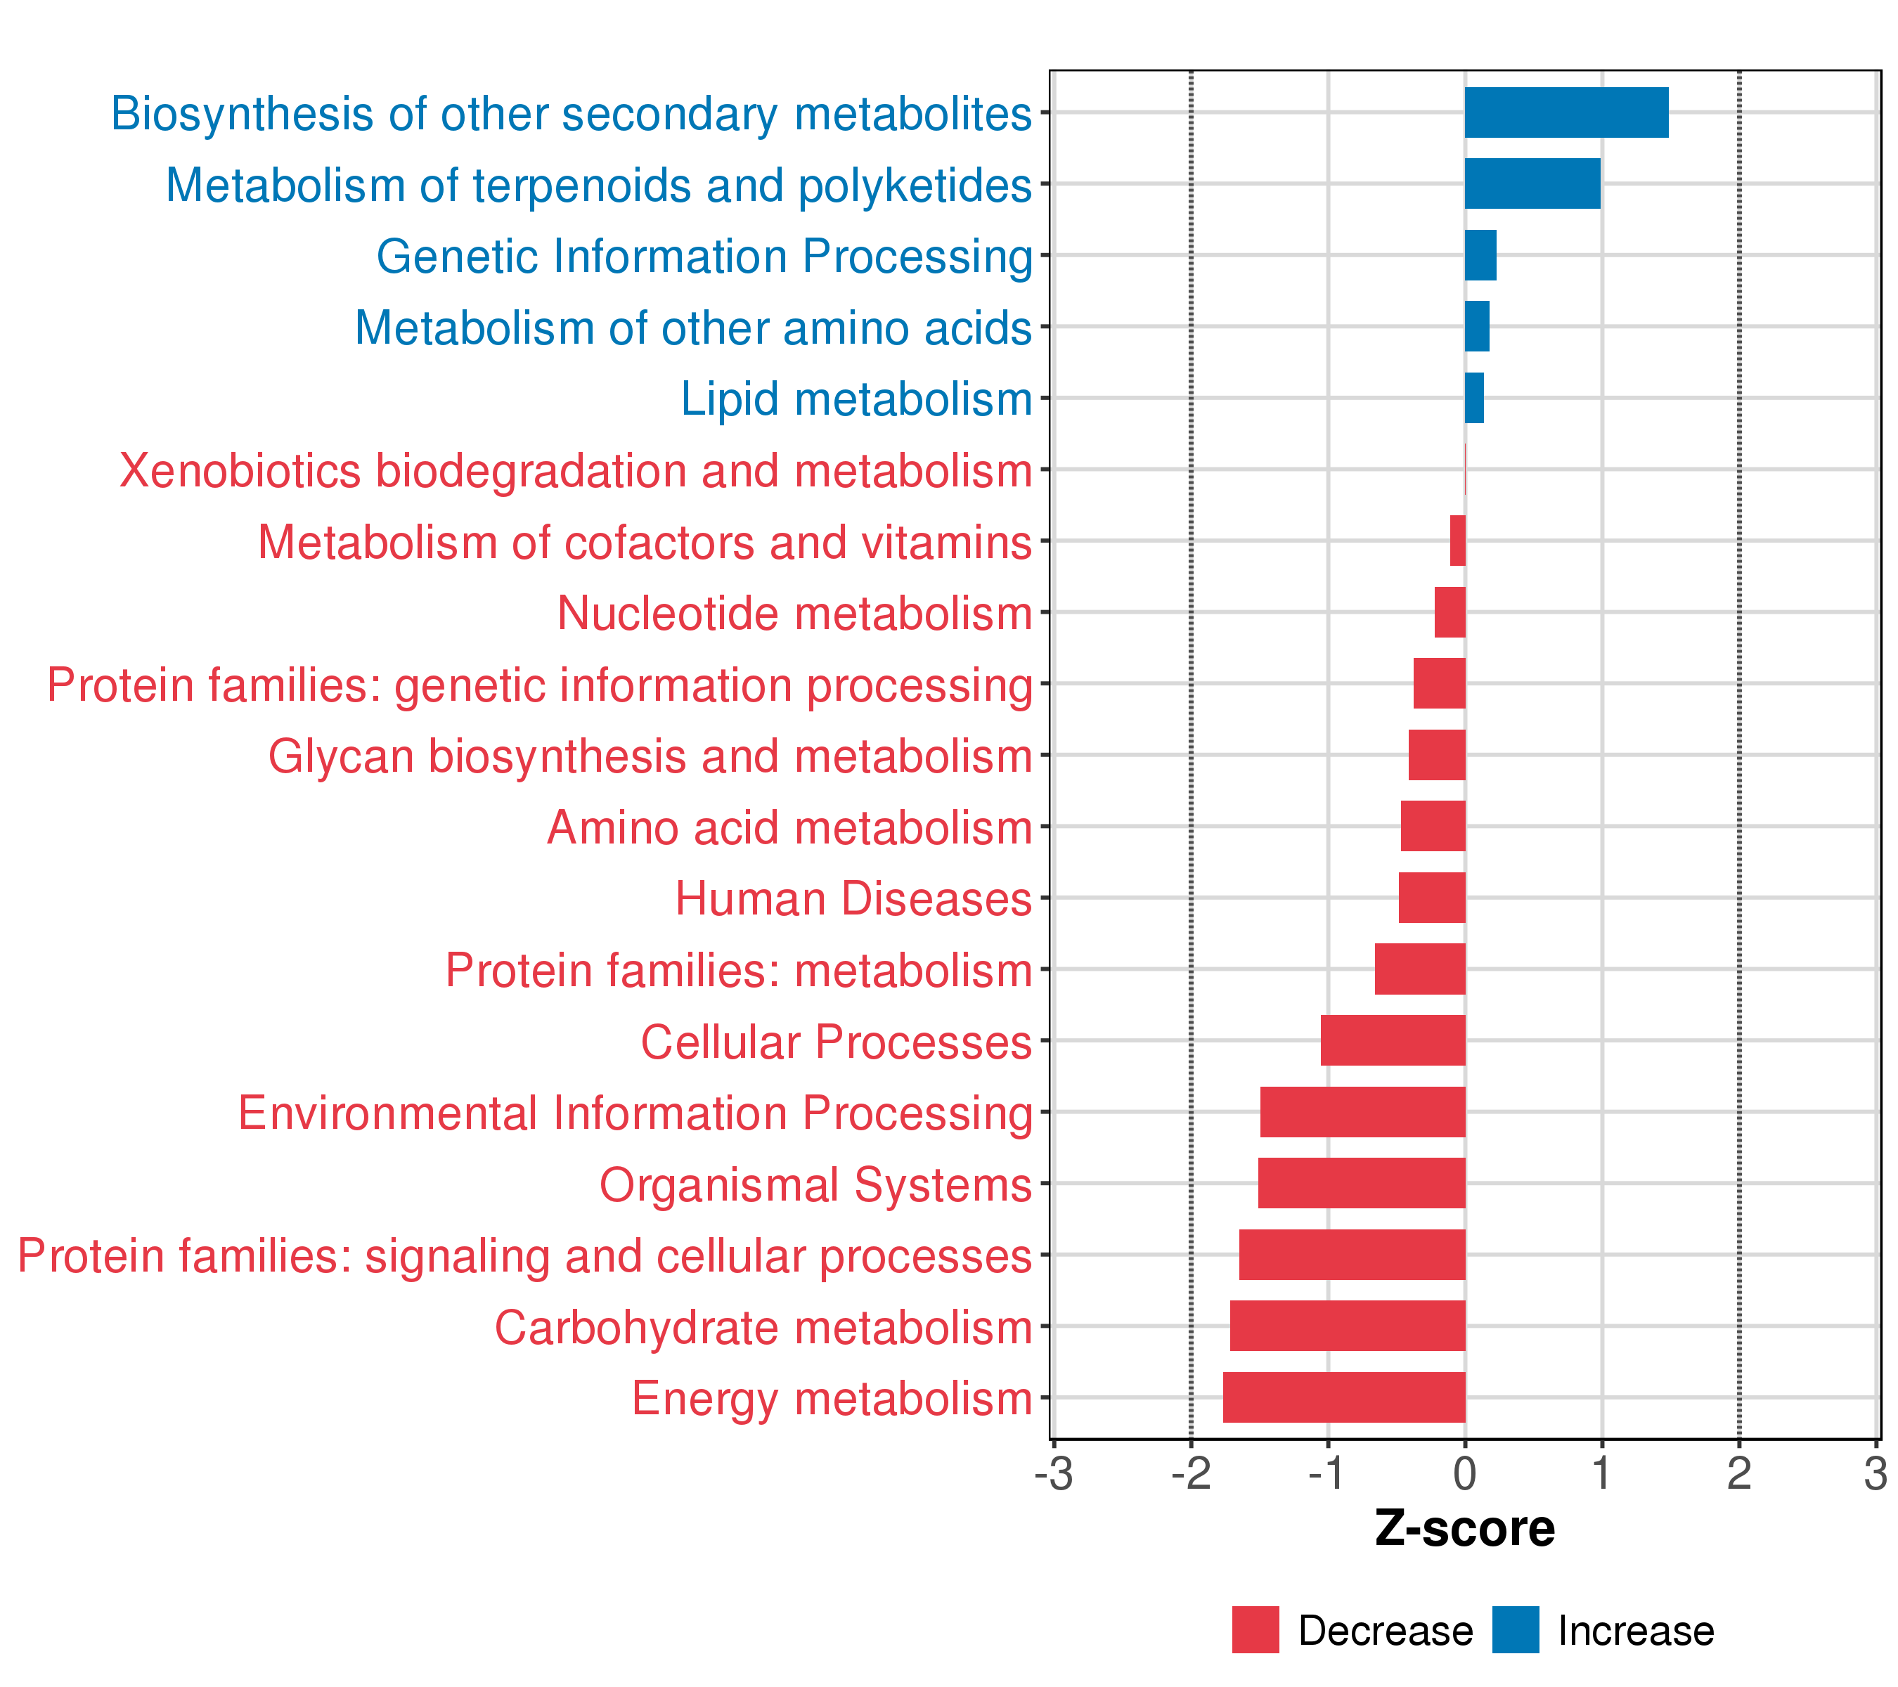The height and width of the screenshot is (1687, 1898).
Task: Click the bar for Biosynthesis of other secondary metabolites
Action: tap(1566, 112)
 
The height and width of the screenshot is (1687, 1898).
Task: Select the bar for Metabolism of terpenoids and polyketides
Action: tap(1533, 184)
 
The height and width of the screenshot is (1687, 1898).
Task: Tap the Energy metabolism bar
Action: tap(1343, 1397)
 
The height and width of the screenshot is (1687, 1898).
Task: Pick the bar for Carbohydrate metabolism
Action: tap(1348, 1326)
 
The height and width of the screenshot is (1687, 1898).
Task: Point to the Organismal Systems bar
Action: tap(1361, 1183)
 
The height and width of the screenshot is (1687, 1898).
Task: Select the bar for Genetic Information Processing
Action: tap(1481, 255)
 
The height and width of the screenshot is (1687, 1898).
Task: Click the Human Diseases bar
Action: tap(1432, 898)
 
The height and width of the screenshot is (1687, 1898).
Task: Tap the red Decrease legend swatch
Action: tap(1255, 1630)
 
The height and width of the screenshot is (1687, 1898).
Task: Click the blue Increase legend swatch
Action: tap(1516, 1630)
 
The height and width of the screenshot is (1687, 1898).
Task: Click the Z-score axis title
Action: tap(1465, 1529)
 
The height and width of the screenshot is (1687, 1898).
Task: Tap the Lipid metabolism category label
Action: tap(857, 400)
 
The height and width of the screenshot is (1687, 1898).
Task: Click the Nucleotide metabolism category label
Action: tap(795, 614)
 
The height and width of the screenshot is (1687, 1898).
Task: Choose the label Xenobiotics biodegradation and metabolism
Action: tap(576, 472)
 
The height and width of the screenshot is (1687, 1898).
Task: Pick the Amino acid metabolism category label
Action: tap(790, 828)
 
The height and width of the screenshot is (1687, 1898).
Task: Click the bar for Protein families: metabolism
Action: tap(1421, 969)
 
